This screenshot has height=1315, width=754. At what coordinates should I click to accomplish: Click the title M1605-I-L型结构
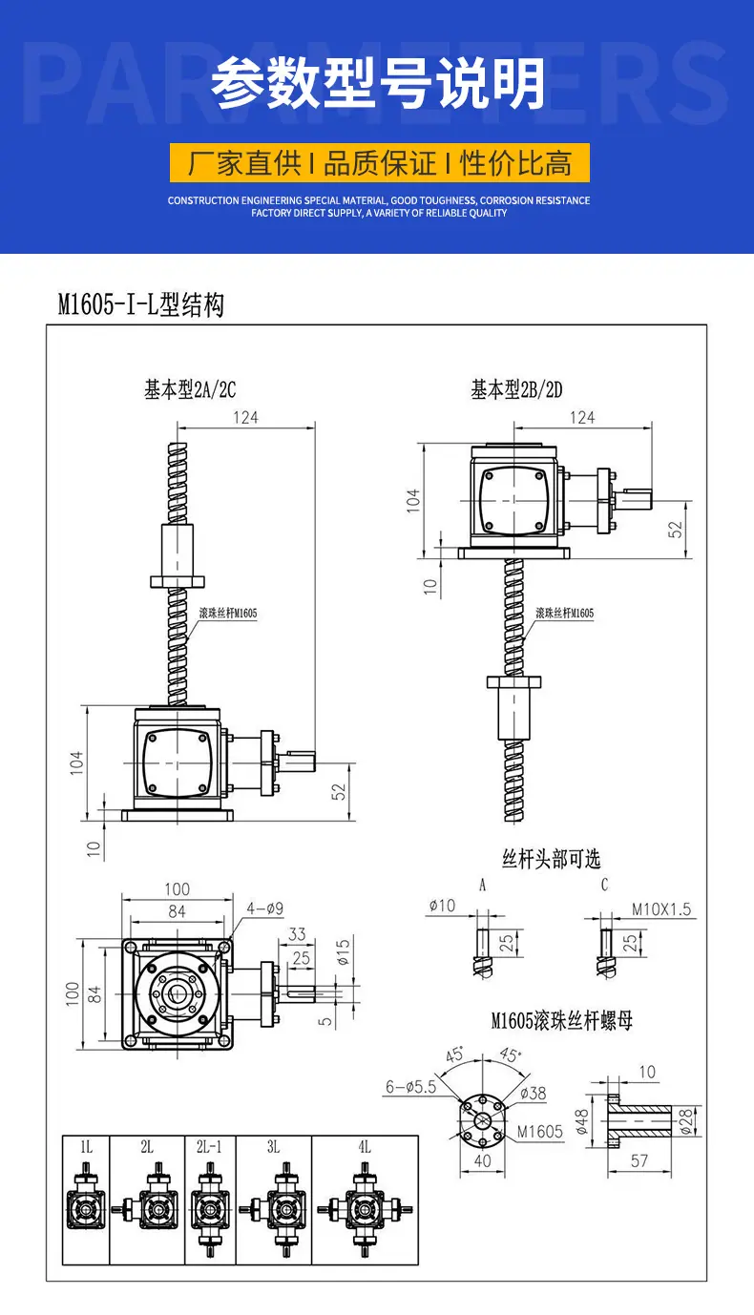[x=141, y=304]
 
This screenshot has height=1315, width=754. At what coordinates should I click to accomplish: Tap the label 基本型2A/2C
[x=190, y=389]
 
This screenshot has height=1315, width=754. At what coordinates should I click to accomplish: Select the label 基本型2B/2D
[x=516, y=389]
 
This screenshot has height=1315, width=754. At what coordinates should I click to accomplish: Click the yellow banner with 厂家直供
[x=379, y=162]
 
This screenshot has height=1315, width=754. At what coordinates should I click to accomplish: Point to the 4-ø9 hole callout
[x=264, y=908]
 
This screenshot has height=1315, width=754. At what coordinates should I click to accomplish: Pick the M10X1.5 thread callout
[x=661, y=909]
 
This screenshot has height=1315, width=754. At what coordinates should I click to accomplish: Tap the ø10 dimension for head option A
[x=442, y=906]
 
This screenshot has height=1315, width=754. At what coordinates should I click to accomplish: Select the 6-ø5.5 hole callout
[x=411, y=1087]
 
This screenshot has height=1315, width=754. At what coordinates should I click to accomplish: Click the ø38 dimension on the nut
[x=534, y=1093]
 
